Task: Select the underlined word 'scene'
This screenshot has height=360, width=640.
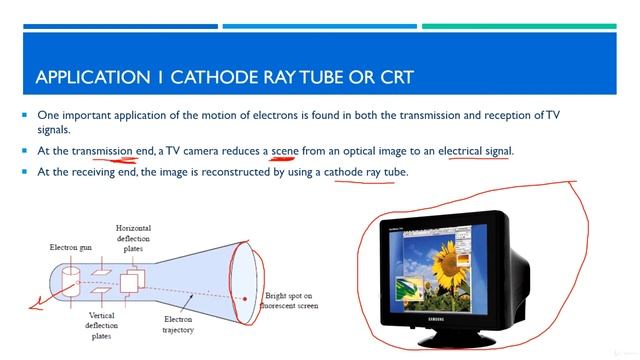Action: coord(285,150)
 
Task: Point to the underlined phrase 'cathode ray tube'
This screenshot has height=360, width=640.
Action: coord(365,172)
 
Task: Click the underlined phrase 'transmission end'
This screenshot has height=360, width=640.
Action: coord(113,150)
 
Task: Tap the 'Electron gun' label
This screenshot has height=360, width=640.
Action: coord(72,246)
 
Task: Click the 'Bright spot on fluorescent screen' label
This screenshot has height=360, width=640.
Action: coord(293,301)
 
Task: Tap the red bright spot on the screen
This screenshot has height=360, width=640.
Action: coord(245,298)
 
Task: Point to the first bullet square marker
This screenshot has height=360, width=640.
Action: coord(25,115)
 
